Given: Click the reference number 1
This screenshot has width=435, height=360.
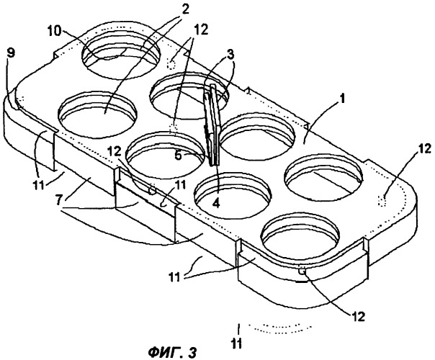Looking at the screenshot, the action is (x=343, y=99).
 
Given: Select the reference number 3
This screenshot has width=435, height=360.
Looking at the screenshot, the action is (x=229, y=55).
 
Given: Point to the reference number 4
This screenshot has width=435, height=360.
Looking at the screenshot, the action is (x=216, y=204).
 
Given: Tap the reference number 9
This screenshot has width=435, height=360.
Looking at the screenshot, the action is (x=10, y=53).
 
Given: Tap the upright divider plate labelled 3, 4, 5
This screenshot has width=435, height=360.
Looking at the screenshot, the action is (x=212, y=125).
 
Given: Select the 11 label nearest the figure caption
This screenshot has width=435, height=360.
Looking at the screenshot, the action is (x=237, y=343).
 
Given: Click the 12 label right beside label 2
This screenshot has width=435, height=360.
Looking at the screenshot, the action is (x=202, y=30).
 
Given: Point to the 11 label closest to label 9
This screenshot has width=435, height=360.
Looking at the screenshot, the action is (x=38, y=185).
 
